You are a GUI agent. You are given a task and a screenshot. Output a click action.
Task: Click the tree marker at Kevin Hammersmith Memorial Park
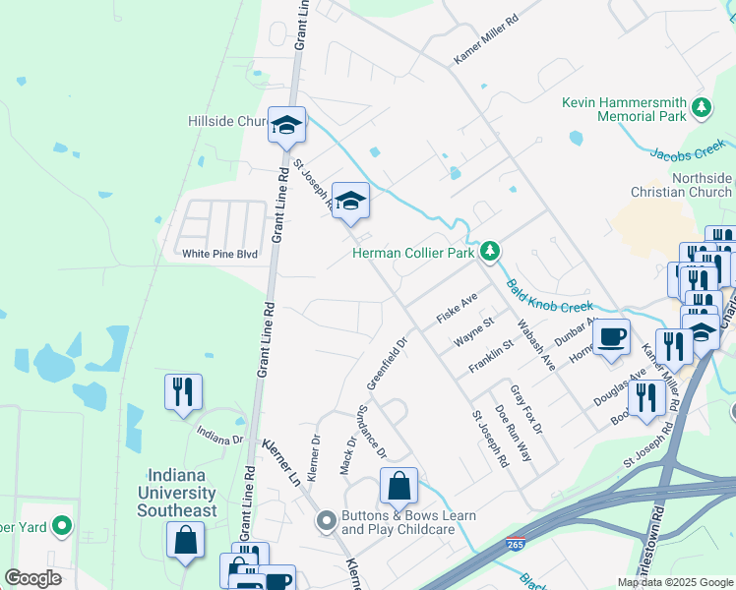click(x=702, y=108)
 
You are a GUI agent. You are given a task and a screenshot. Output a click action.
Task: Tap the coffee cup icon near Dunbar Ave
click(x=612, y=335)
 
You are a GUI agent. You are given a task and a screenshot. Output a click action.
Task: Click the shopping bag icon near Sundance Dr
click(x=399, y=485)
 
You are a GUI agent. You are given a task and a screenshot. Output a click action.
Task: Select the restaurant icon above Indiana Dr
click(x=183, y=390)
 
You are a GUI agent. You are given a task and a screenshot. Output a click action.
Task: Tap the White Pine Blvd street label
click(x=219, y=253)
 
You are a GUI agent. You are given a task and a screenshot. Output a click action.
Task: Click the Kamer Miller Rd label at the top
click(x=486, y=39)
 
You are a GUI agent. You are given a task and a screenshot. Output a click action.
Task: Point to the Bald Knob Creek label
click(x=551, y=295)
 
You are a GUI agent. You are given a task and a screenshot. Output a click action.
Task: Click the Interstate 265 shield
click(x=516, y=544)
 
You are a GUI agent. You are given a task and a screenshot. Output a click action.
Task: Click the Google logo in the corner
click(x=31, y=578)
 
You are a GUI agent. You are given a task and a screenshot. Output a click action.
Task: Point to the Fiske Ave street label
click(x=458, y=309)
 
